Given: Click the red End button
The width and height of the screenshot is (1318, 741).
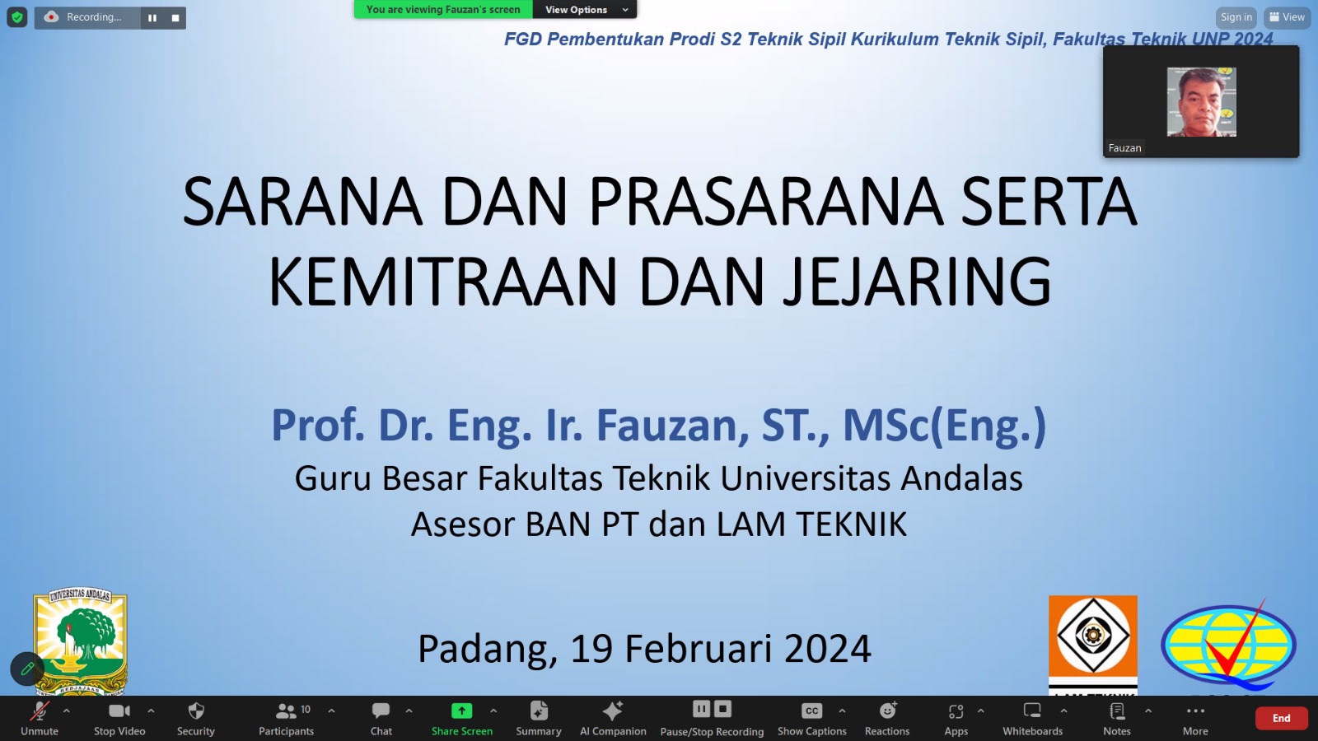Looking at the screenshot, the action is click(1281, 718).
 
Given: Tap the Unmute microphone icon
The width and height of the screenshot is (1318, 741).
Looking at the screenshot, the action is click(40, 711).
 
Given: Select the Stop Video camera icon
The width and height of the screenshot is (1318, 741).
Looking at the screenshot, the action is click(119, 711).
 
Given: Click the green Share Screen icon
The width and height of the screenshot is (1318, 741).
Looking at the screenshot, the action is click(462, 711).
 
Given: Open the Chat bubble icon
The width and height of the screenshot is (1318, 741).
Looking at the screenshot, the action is click(381, 711).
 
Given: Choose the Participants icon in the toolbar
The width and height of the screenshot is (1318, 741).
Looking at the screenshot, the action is click(286, 711).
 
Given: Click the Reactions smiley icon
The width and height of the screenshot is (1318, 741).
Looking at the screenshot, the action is click(887, 711).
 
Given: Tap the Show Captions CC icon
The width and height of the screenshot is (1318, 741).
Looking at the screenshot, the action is click(811, 711).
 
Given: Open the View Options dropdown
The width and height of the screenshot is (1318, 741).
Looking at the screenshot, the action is click(585, 9).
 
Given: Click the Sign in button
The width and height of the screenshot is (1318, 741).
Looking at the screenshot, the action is click(1236, 17).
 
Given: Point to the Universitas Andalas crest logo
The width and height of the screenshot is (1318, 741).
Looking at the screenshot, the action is click(81, 641).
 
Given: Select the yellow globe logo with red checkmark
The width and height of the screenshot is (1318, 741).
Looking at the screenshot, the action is click(1228, 645).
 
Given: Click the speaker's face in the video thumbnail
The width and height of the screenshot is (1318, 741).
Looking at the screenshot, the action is click(1200, 102).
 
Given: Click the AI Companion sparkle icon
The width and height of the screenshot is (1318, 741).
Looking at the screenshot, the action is click(613, 711).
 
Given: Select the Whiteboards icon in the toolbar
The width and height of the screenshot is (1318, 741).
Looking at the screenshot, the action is click(1032, 711).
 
